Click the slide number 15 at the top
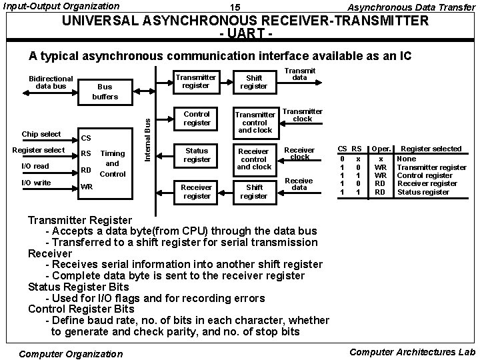[235, 7]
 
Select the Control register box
[197, 119]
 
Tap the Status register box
[197, 155]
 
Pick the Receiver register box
[197, 192]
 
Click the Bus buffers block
[105, 92]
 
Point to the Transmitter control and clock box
[254, 122]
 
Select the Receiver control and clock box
[254, 159]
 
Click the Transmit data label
[300, 73]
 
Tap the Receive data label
[299, 184]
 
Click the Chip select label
[41, 134]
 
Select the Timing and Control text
[112, 163]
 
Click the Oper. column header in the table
[381, 148]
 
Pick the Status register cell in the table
[423, 192]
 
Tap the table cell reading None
[406, 159]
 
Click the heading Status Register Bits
[79, 287]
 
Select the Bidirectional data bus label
[51, 82]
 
